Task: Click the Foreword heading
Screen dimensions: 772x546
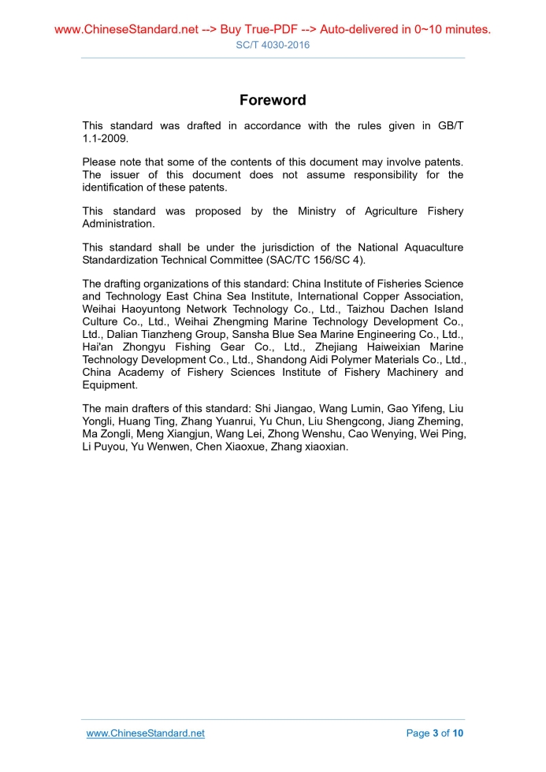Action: [x=273, y=100]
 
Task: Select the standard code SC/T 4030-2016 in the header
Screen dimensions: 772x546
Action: [x=273, y=45]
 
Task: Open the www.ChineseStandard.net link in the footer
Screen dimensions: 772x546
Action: [x=145, y=733]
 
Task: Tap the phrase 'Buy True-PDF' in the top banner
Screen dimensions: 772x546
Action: [x=256, y=30]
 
